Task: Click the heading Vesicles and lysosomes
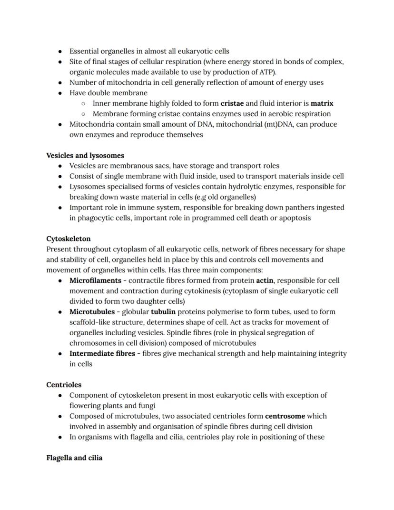pos(85,155)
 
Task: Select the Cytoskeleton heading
pos(69,239)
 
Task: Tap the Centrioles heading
pos(64,384)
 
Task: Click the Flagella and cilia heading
pos(74,458)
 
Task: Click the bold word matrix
pos(322,103)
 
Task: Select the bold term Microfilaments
pos(95,280)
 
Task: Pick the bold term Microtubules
pos(92,312)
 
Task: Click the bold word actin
pos(265,280)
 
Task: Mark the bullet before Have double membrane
pos(60,93)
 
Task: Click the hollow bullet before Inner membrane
pos(83,103)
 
